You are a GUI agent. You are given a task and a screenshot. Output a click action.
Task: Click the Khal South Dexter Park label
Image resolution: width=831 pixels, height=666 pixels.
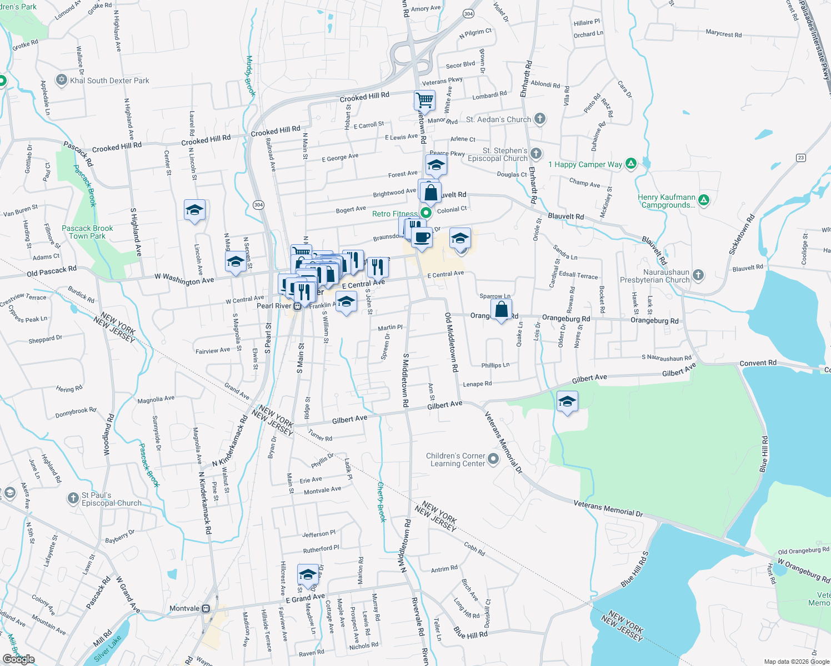coord(109,80)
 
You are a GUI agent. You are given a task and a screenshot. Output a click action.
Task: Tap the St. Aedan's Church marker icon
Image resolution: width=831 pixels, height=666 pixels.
coord(540,119)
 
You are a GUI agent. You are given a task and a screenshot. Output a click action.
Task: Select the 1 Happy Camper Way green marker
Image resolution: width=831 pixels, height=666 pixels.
coord(630,164)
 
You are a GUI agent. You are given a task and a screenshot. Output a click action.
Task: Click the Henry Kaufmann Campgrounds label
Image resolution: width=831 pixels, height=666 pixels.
coord(667,201)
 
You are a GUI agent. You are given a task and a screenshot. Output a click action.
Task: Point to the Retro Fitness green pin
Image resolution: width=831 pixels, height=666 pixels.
coord(426,213)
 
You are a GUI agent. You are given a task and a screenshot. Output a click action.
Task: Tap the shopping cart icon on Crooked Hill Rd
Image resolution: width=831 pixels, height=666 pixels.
coord(424,100)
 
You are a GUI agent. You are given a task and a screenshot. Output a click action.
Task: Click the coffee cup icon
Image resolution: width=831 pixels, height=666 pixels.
coord(422,237)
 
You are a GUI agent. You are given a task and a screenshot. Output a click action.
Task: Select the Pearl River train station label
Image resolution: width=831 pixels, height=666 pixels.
coord(274,306)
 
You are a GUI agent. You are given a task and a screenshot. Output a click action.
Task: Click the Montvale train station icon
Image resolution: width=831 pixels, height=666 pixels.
coord(206,608)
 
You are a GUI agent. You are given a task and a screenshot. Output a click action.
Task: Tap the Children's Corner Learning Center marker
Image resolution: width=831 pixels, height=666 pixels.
coord(493,459)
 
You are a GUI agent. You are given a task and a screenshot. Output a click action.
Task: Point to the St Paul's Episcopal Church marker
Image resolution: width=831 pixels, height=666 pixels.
coord(73,498)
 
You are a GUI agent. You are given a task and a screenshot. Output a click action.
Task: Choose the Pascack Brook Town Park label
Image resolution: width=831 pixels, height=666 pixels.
coord(87,232)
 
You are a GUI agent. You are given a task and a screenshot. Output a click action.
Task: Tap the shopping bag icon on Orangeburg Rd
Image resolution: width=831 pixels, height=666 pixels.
coord(501,310)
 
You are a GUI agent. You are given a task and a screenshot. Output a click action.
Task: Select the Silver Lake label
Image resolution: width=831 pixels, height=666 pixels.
coord(108,649)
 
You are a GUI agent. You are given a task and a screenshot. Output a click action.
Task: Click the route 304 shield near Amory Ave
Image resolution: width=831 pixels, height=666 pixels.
coord(468,13)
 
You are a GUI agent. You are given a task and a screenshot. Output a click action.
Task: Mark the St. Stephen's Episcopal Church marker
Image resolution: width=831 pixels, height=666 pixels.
coord(535,153)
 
